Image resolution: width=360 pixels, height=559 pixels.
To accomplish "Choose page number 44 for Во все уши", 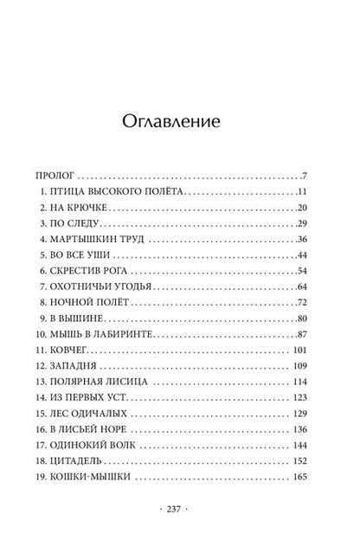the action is point(302,255).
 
